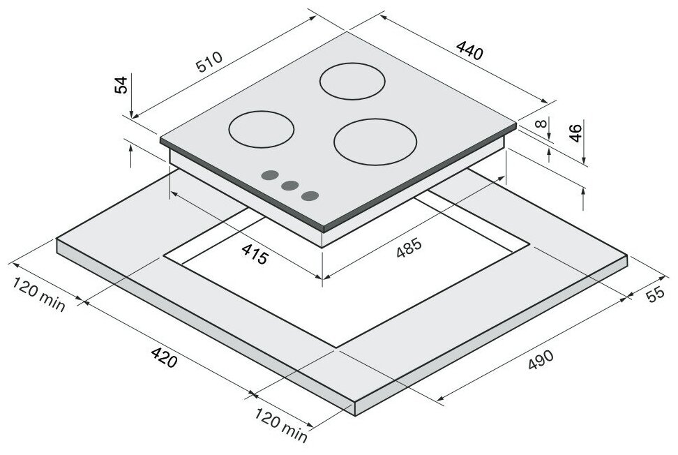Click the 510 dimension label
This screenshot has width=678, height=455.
tap(209, 62)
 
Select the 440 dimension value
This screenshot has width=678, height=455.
tap(469, 50)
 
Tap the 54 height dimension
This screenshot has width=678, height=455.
tap(121, 84)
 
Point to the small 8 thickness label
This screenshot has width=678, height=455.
tap(541, 124)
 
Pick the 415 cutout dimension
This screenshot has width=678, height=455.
tap(255, 254)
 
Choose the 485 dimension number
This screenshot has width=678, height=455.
tap(408, 248)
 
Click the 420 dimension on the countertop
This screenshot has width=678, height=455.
tap(164, 357)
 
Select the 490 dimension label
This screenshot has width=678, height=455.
tap(541, 360)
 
